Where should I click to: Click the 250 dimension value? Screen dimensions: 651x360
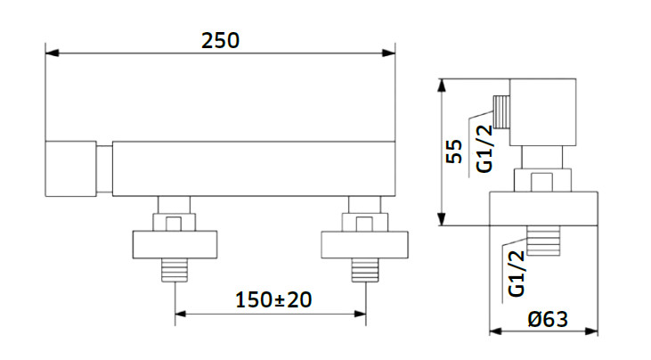tap(220, 41)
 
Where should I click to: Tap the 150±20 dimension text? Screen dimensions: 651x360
tap(273, 299)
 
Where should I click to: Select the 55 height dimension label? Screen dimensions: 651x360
tap(454, 151)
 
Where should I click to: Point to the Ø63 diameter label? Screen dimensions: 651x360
tap(548, 319)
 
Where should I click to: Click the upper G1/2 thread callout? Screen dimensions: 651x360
tap(484, 149)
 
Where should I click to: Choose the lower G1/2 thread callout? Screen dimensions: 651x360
tap(517, 274)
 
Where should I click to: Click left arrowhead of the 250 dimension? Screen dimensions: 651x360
tap(52, 53)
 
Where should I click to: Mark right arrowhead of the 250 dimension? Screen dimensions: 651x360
tap(388, 53)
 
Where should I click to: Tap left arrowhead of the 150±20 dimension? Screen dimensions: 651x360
tap(181, 314)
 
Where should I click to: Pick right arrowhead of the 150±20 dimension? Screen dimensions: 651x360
tap(360, 314)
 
